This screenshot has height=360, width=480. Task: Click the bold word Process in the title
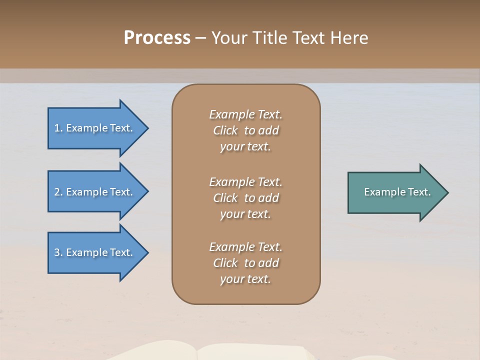(157, 38)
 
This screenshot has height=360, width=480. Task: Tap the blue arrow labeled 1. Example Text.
(93, 128)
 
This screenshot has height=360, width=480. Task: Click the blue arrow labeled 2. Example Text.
(93, 192)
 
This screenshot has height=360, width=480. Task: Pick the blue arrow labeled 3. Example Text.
(93, 252)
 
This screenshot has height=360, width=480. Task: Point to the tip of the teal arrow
(446, 192)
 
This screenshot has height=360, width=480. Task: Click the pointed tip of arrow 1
(147, 128)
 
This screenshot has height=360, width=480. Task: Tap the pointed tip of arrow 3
(147, 252)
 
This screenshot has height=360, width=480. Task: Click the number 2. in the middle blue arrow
(58, 192)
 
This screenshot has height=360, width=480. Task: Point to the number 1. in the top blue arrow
(58, 128)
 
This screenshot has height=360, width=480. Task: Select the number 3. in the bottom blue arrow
(58, 252)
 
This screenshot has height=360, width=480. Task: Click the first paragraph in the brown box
(245, 130)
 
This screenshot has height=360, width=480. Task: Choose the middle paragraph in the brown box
(245, 198)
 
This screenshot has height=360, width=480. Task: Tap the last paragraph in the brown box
(245, 263)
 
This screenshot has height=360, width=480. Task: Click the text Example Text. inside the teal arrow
(397, 192)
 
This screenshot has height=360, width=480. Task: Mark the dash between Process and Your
(200, 38)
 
